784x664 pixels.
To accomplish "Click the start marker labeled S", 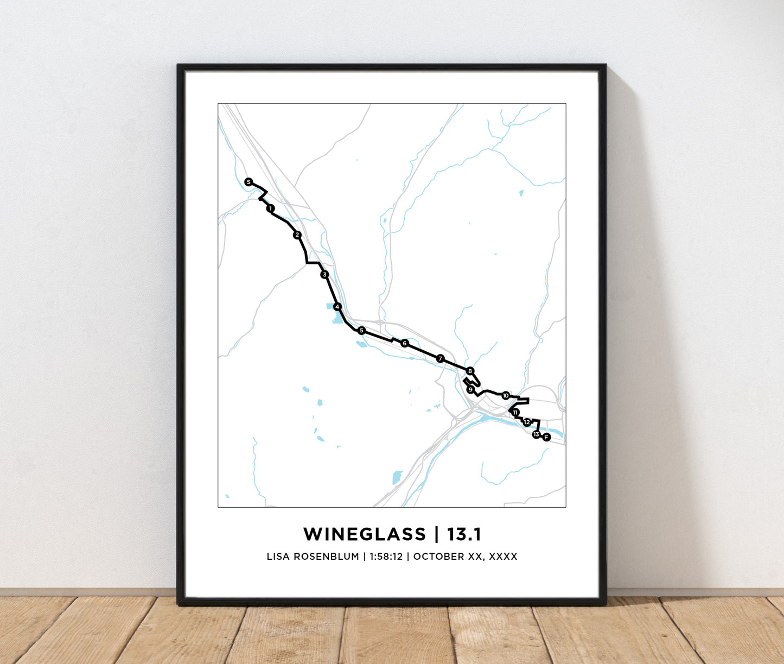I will point(248,182).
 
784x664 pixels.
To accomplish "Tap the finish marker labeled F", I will point(546,437).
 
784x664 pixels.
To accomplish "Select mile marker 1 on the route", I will point(270,208).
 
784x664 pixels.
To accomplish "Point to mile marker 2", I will point(297,235).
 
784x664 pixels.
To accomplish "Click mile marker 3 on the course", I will point(324,275).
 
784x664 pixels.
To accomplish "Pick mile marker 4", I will point(337,307).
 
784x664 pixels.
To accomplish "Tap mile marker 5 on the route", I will point(361,331).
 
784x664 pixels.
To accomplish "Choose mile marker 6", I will point(404,343).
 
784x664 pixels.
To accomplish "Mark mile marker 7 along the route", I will point(440,358).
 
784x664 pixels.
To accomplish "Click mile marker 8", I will point(470,371).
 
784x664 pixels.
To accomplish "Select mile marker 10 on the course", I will point(506,395).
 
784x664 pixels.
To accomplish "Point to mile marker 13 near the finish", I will point(536,434).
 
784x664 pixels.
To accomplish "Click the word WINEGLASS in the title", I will point(365,534).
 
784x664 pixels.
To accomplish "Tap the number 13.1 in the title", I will point(464,534).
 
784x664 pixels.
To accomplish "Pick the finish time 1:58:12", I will point(386,557).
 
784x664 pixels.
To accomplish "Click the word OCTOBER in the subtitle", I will point(439,557).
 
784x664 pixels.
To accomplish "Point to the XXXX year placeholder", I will point(503,557).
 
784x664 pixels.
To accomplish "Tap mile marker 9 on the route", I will point(470,390).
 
